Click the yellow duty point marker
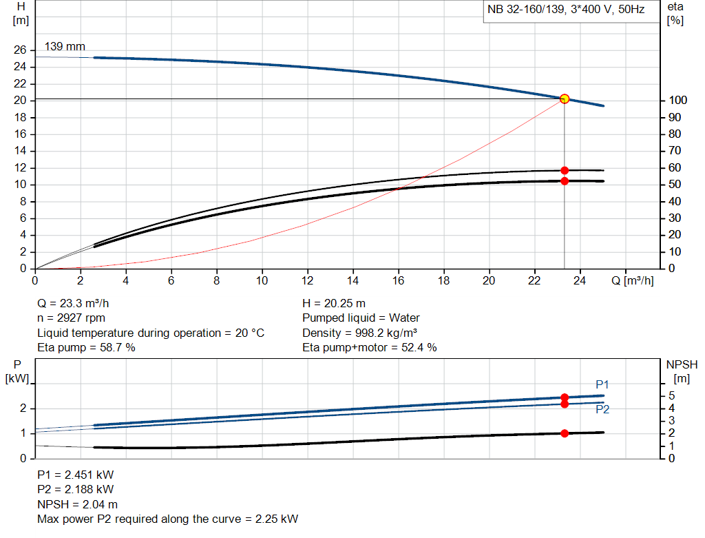click(x=565, y=99)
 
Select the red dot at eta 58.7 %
click(x=565, y=170)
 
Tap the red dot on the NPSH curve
click(x=565, y=433)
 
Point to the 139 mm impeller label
click(x=65, y=47)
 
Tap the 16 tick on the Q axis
click(x=398, y=280)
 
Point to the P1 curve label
click(x=602, y=384)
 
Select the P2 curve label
click(x=602, y=409)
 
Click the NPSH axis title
click(x=682, y=370)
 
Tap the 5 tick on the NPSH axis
click(x=671, y=395)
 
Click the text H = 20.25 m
click(x=334, y=303)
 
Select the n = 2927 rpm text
click(x=71, y=318)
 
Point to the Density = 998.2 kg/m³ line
click(x=360, y=333)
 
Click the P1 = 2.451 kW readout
click(x=76, y=475)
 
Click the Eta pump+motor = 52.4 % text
click(x=370, y=348)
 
